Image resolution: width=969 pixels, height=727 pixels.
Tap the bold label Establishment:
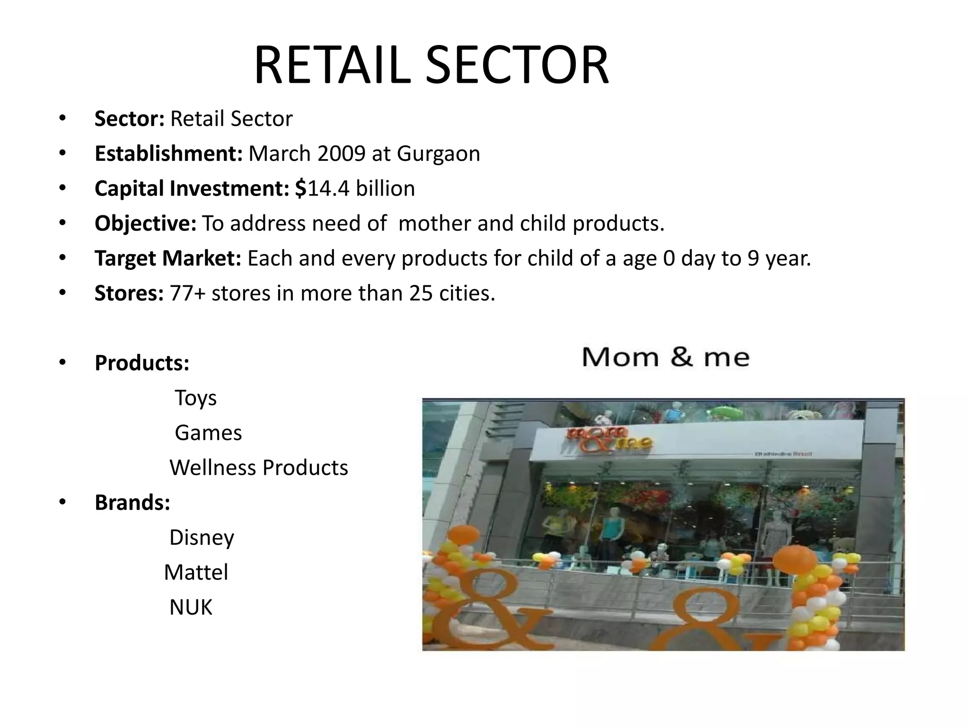(x=168, y=153)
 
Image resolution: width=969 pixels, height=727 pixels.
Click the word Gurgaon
(x=438, y=153)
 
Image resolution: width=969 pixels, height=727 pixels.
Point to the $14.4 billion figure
(x=355, y=188)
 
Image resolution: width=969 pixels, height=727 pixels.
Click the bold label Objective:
(x=145, y=223)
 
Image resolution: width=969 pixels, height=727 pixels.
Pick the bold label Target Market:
(x=168, y=258)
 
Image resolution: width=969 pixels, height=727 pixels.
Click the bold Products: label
(x=142, y=363)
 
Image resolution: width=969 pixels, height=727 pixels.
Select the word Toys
(x=195, y=398)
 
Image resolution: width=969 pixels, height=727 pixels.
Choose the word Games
(x=208, y=433)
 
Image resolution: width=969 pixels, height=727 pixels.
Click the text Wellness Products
(x=259, y=468)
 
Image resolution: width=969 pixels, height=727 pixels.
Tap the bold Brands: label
(x=132, y=503)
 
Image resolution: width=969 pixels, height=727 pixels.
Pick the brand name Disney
(x=202, y=538)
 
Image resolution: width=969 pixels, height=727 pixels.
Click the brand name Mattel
(x=196, y=572)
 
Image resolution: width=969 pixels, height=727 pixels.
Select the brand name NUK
(x=191, y=607)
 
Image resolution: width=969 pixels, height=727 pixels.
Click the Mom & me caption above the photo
(x=665, y=357)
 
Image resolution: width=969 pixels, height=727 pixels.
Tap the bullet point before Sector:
(x=62, y=118)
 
